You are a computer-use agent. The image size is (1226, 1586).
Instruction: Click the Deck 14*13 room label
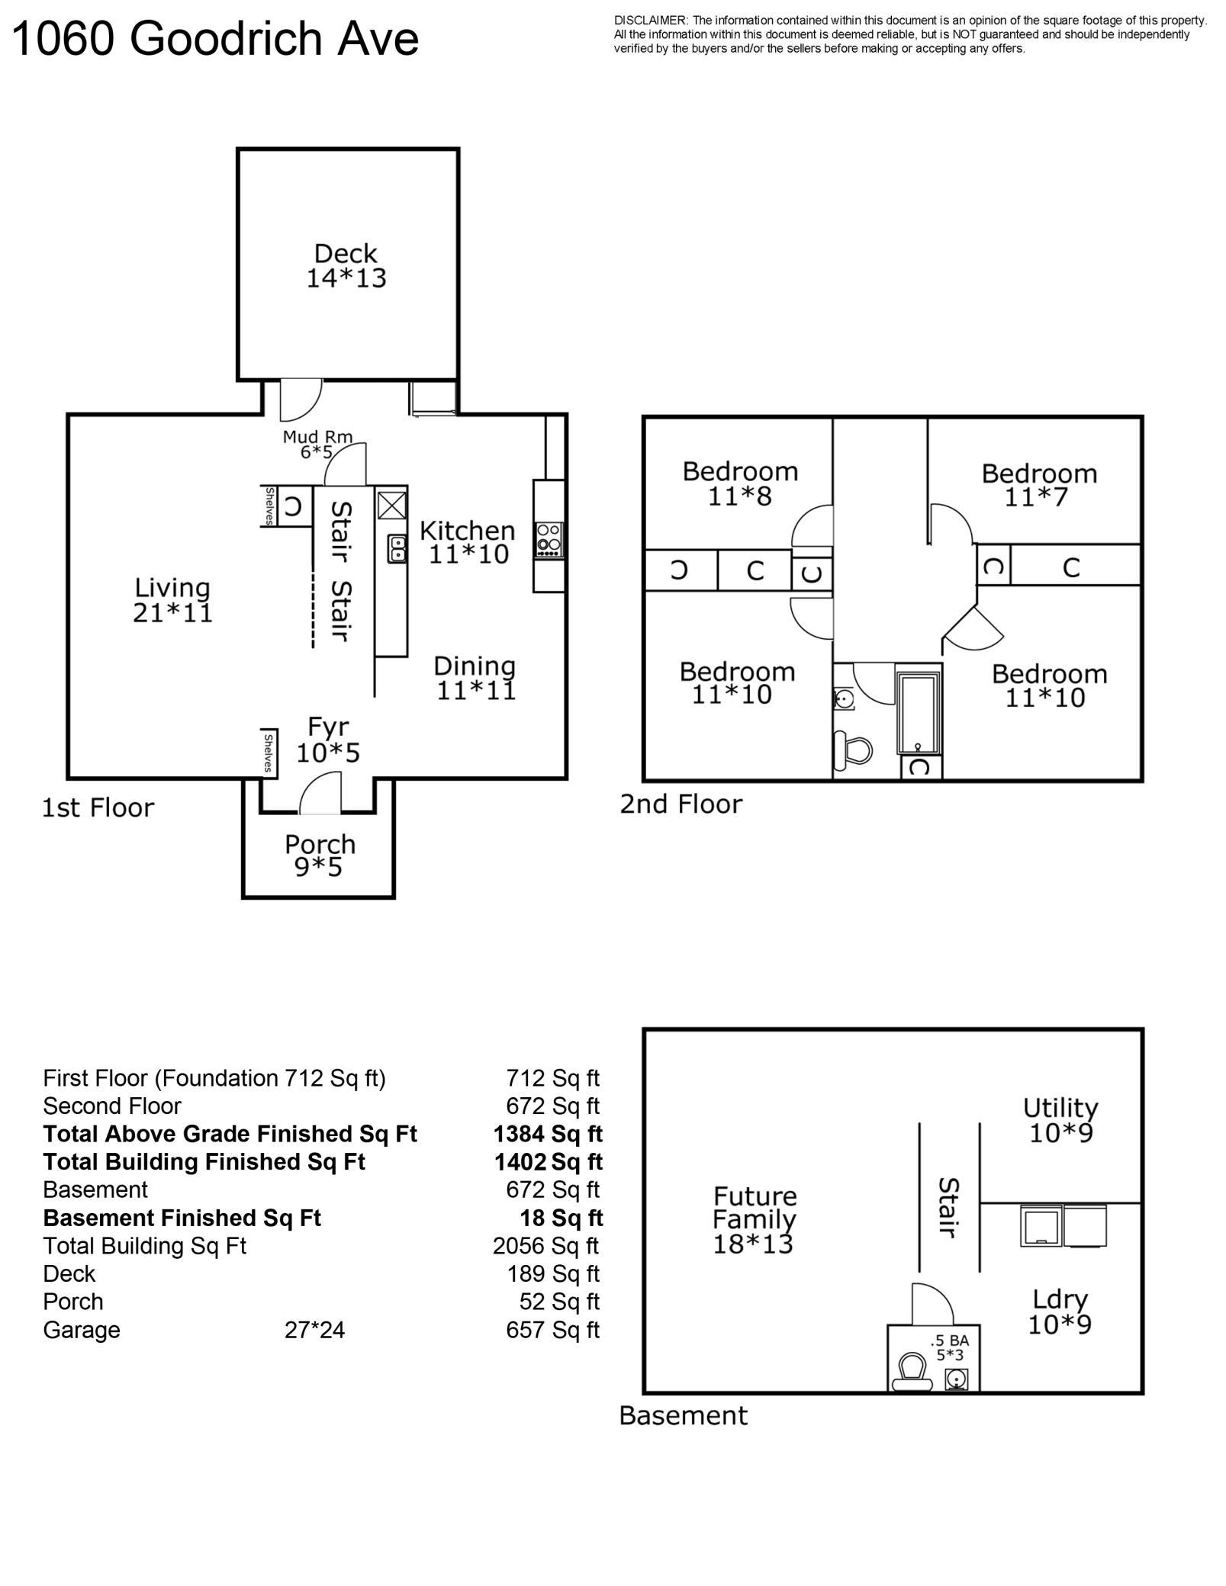click(x=346, y=265)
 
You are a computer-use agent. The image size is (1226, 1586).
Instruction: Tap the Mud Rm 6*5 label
click(x=317, y=444)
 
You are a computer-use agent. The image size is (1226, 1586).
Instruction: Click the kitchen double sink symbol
click(x=397, y=548)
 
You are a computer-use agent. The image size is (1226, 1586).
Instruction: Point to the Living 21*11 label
click(x=172, y=600)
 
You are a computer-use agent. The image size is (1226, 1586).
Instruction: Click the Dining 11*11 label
click(x=475, y=678)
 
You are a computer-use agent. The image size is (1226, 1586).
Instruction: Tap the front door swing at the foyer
click(x=320, y=793)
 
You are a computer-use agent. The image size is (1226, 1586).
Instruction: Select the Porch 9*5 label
click(x=320, y=856)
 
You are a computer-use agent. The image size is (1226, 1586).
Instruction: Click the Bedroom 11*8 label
click(x=740, y=483)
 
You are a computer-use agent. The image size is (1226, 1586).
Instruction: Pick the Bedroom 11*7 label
click(x=1039, y=485)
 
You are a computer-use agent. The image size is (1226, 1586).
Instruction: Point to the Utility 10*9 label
click(x=1060, y=1120)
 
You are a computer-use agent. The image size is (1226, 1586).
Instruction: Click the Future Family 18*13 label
click(x=754, y=1220)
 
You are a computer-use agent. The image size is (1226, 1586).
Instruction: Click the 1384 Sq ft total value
click(x=548, y=1134)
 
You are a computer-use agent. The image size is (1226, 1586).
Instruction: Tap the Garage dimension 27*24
click(x=314, y=1330)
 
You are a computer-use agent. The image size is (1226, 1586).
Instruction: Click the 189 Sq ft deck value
click(x=553, y=1273)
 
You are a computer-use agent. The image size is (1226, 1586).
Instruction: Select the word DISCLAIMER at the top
click(x=651, y=21)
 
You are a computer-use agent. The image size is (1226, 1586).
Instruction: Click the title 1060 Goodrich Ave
click(x=216, y=39)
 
